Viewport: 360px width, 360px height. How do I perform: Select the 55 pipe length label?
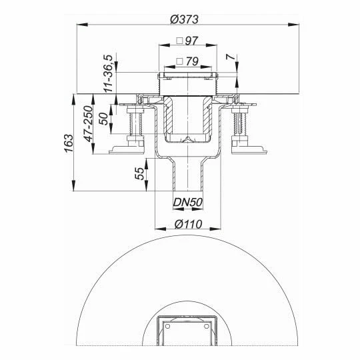139,175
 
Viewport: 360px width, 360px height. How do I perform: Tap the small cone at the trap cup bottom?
189,139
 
